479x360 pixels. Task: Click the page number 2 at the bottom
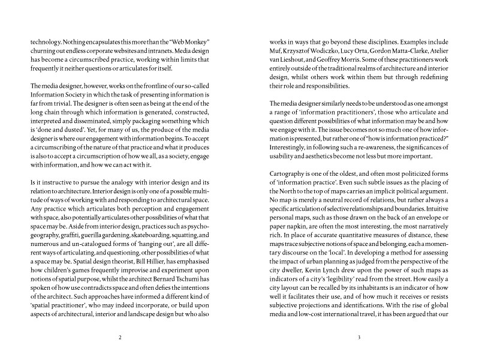[120, 337]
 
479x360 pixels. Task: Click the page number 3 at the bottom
[359, 337]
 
